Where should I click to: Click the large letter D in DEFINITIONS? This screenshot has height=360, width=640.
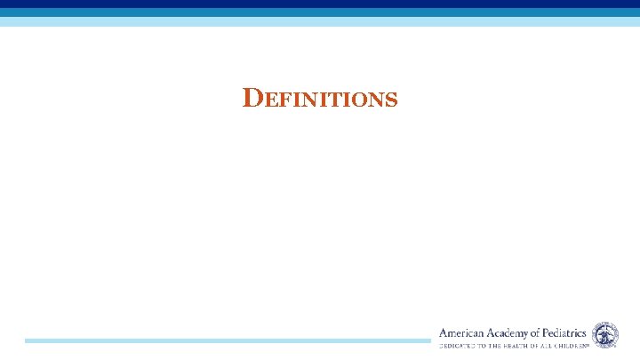[x=252, y=98]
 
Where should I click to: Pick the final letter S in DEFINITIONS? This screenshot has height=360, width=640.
[x=390, y=100]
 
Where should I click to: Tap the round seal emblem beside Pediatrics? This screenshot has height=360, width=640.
[x=605, y=334]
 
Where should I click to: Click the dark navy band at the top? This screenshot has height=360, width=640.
[x=320, y=4]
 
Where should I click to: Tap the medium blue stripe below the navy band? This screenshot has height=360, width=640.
[x=320, y=12]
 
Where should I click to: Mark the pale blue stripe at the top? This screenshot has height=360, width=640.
[x=320, y=21]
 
